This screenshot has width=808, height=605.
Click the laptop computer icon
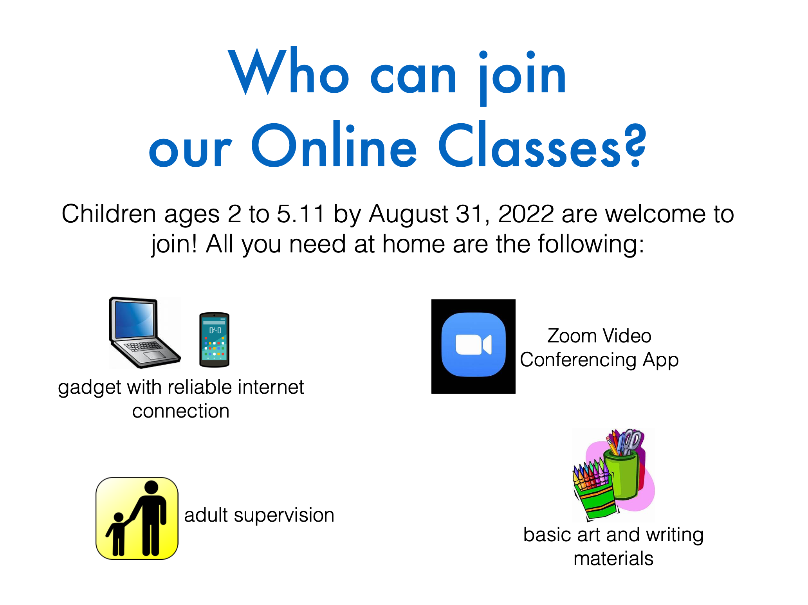click(144, 333)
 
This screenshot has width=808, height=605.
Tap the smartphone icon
click(214, 340)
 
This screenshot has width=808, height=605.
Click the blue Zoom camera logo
click(473, 345)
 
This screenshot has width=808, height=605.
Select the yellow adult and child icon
click(137, 519)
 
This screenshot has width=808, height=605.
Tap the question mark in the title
click(635, 145)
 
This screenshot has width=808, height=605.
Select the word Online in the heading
click(334, 145)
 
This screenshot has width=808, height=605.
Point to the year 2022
click(526, 214)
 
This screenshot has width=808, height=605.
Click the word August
click(408, 216)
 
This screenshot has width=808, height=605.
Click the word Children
click(109, 214)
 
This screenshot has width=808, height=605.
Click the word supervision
click(284, 516)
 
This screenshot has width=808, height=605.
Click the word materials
click(613, 558)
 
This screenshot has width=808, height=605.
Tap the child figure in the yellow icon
click(117, 534)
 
